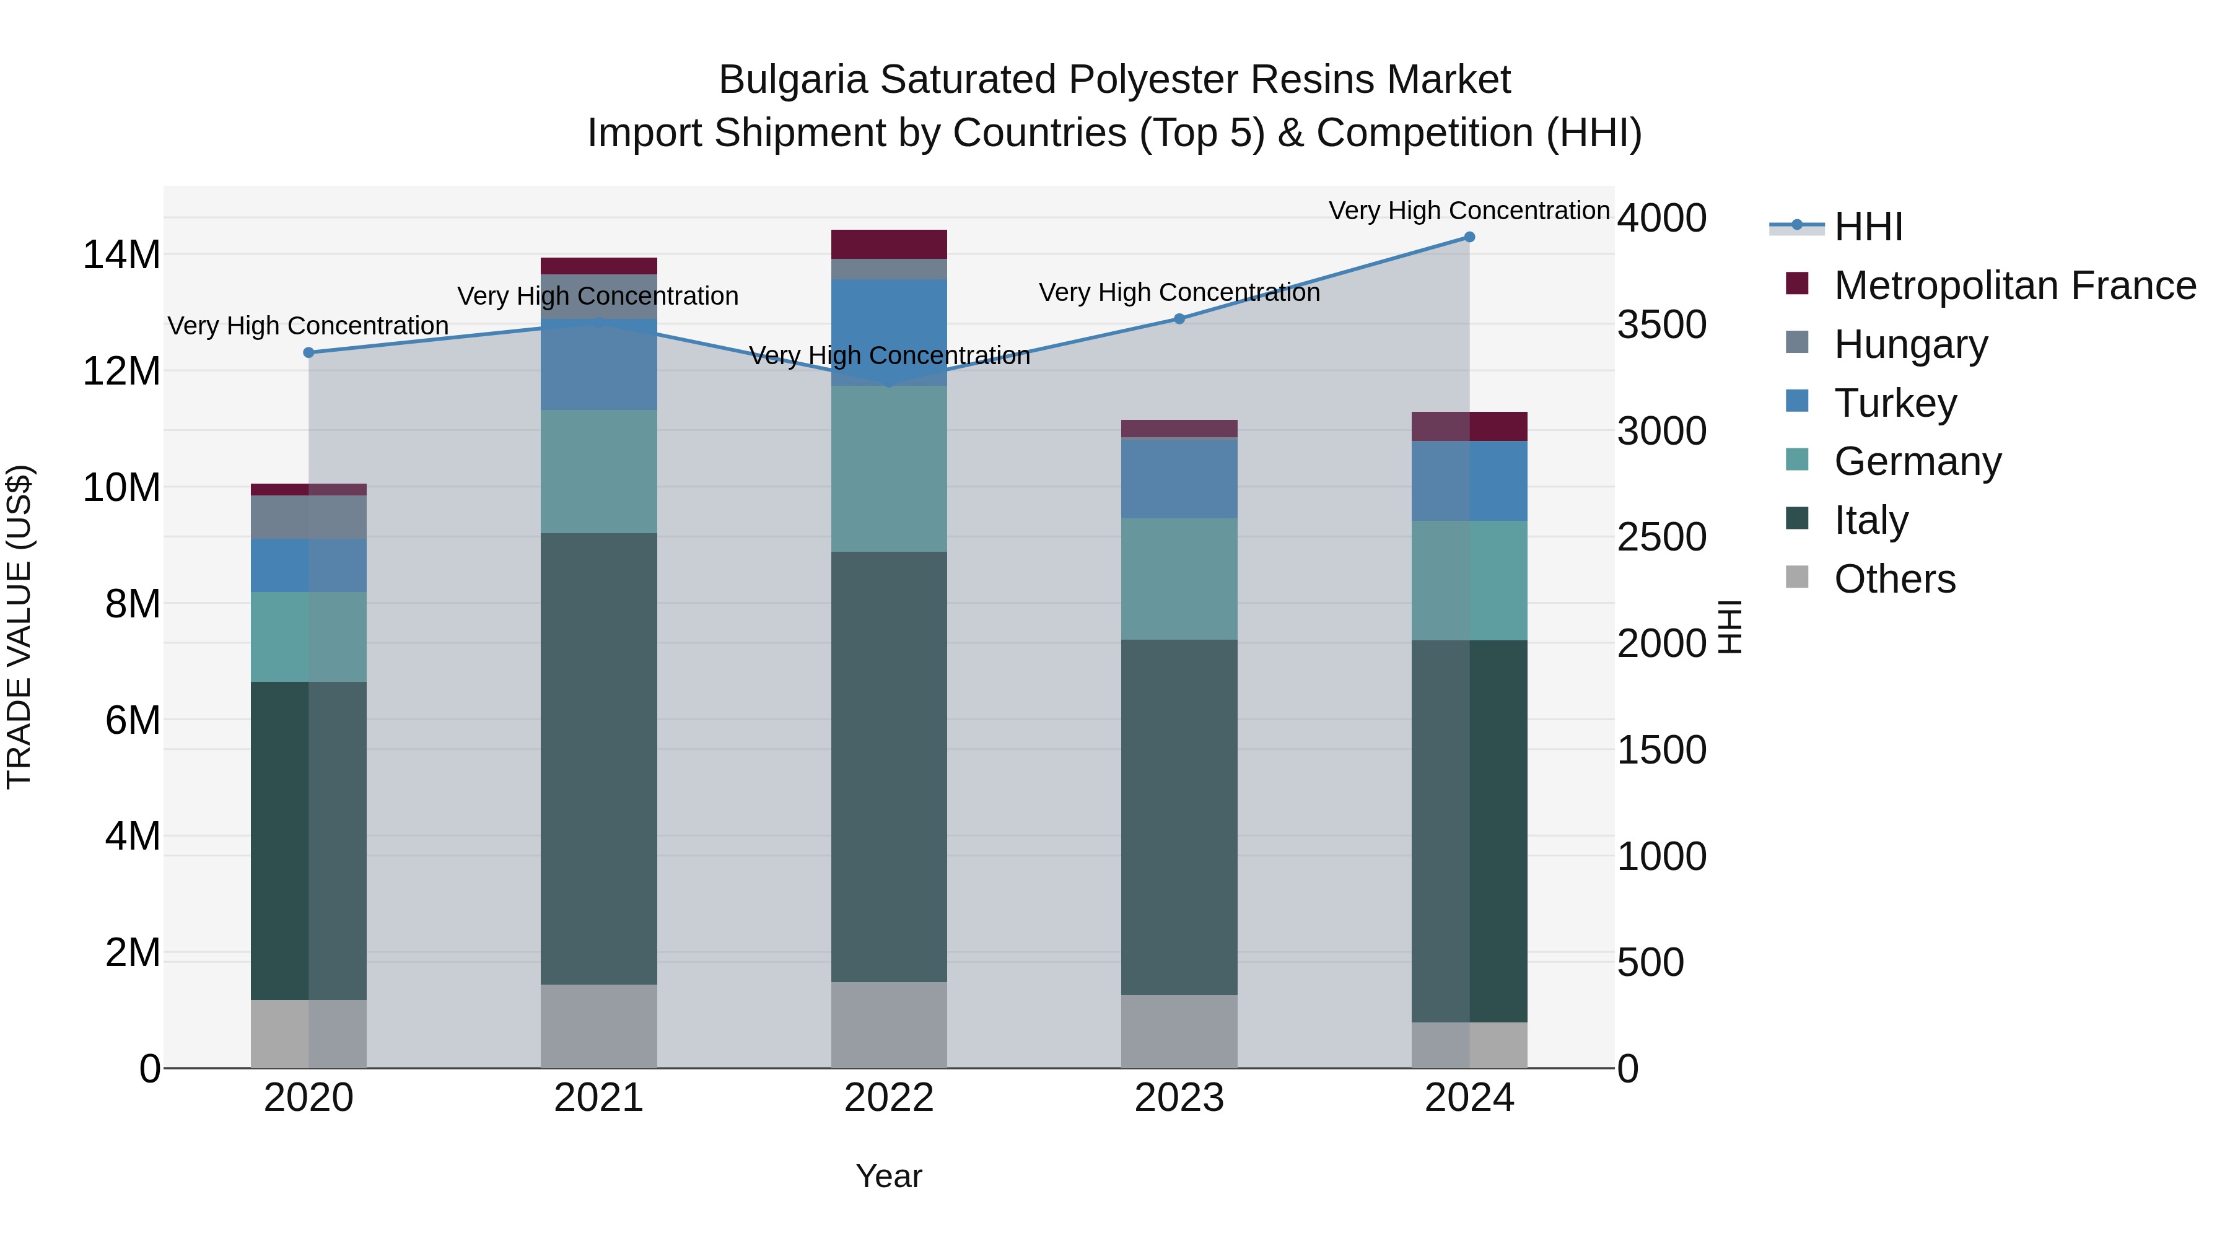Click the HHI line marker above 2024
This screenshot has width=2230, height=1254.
[x=1469, y=237]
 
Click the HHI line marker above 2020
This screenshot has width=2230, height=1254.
[x=309, y=352]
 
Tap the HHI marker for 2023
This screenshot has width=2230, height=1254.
[x=1179, y=318]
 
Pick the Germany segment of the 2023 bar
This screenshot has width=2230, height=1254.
[x=1179, y=579]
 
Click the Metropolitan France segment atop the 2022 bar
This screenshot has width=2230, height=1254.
[x=889, y=244]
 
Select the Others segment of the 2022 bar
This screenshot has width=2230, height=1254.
[x=889, y=1025]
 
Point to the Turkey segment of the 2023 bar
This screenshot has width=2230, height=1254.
[x=1179, y=479]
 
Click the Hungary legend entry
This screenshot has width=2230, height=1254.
[x=1910, y=344]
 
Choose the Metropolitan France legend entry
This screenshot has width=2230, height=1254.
[x=2014, y=285]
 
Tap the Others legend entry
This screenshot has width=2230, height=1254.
[x=1894, y=579]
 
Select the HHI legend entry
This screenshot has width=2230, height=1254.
[x=1868, y=227]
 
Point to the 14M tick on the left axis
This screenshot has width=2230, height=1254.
[x=121, y=255]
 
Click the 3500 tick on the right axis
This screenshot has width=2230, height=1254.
[x=1661, y=325]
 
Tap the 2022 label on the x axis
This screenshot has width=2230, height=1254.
[x=889, y=1098]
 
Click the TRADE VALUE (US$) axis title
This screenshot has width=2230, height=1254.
[x=19, y=627]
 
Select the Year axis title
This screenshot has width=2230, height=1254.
[x=889, y=1176]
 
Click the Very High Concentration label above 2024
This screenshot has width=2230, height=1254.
[x=1469, y=211]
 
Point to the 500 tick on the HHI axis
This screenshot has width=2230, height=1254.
[x=1650, y=962]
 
